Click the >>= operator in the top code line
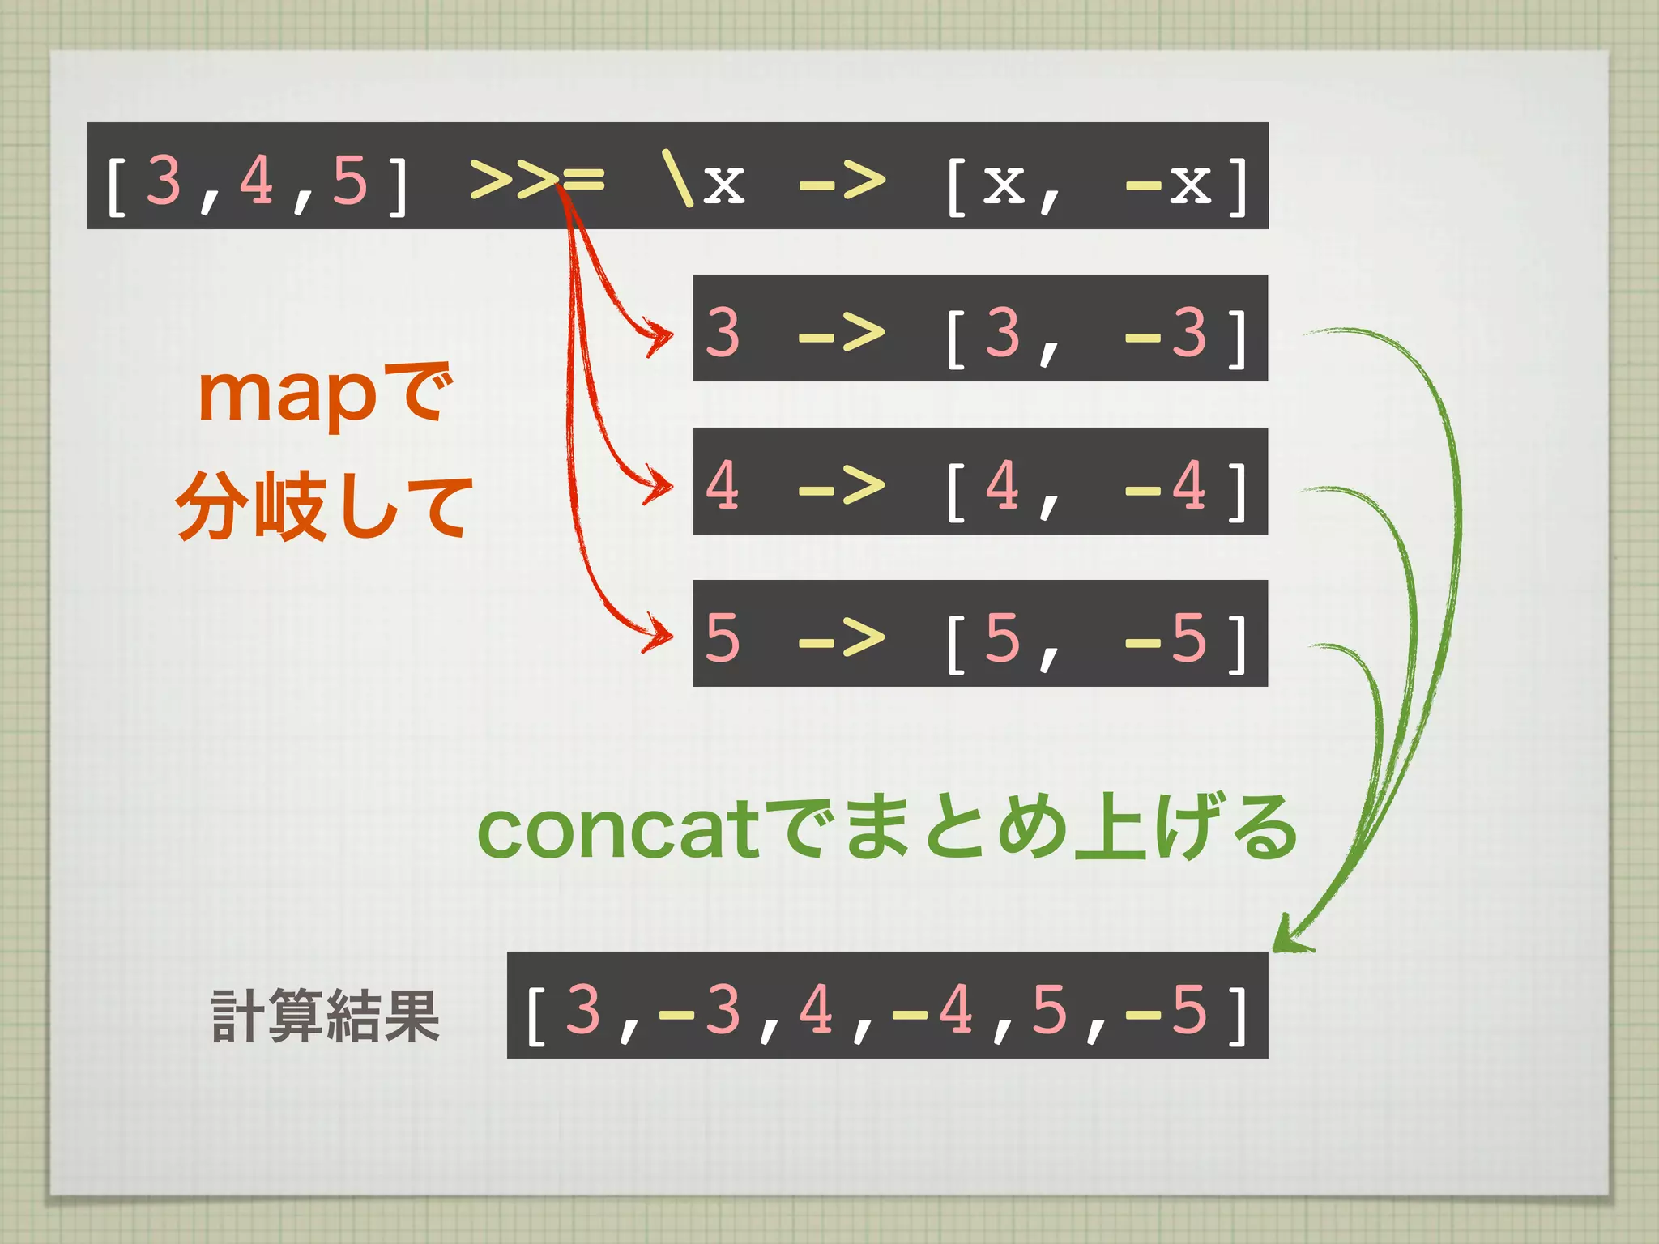536,179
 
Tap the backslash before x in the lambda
677,179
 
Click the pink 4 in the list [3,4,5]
257,179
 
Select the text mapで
324,394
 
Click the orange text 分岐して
324,508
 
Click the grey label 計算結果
325,1016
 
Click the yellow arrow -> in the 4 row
841,486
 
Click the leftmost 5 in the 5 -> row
723,637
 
